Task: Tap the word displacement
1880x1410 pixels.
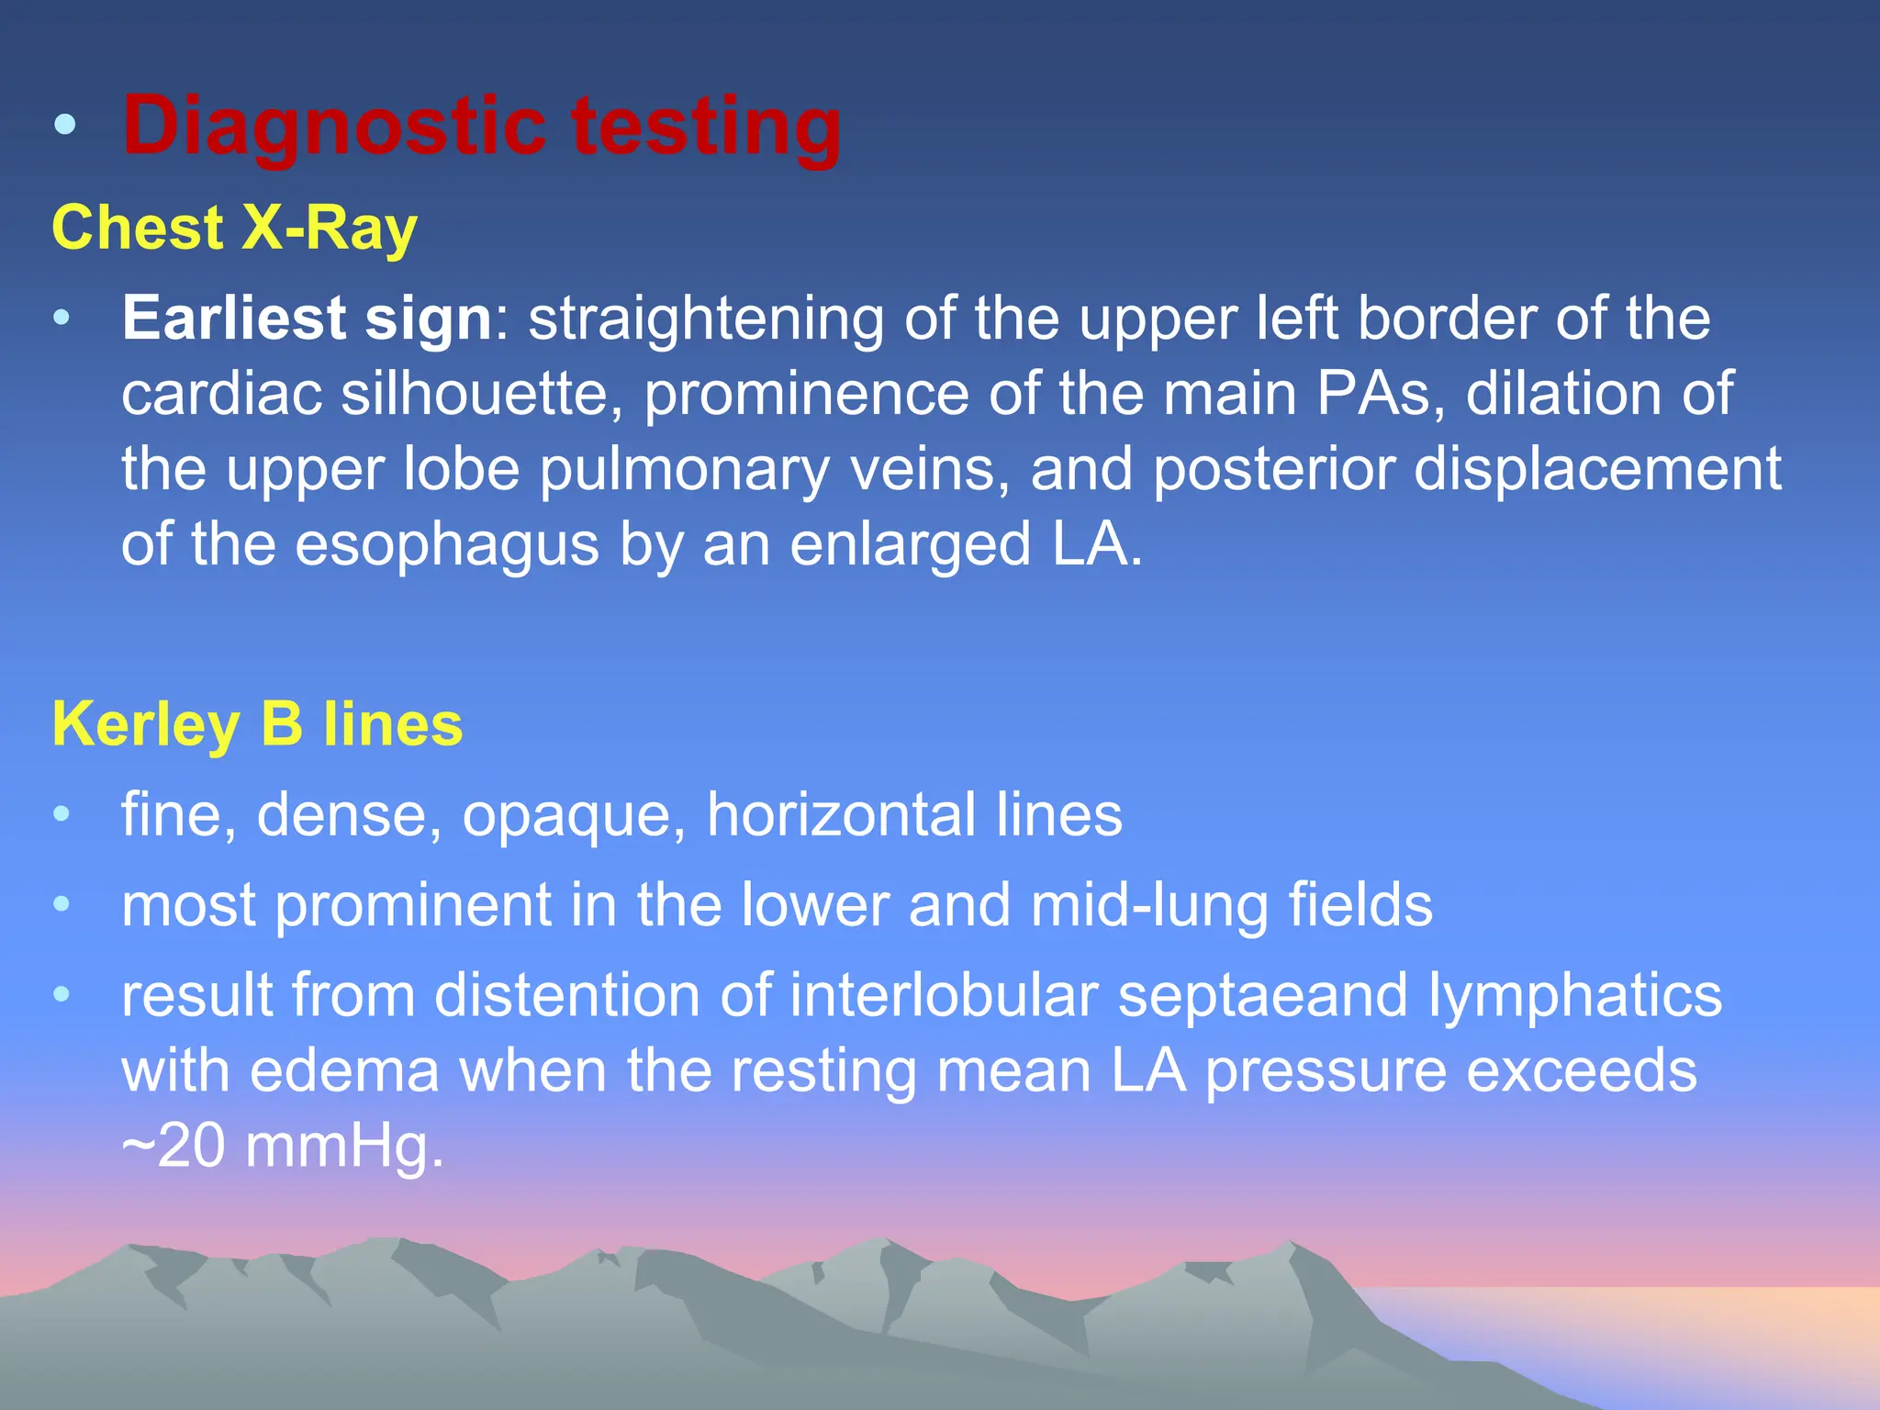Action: click(x=1596, y=469)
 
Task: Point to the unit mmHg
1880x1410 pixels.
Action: click(x=344, y=1147)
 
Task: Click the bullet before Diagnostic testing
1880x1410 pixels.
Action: click(x=64, y=126)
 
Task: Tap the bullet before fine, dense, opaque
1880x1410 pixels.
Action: click(x=62, y=814)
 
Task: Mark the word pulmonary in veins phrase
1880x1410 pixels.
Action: click(x=684, y=469)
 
